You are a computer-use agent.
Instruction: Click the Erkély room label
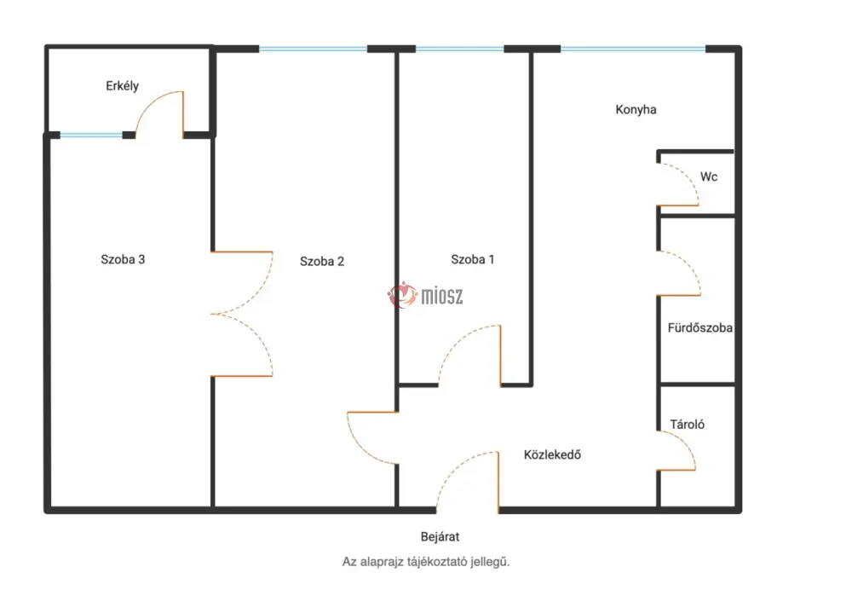coord(122,86)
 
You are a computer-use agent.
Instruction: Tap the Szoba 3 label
coord(123,259)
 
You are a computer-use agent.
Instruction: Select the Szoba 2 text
coord(322,262)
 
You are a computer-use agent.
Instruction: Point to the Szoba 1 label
coord(473,259)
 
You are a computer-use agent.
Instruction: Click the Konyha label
coord(636,109)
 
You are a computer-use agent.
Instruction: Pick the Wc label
coord(709,176)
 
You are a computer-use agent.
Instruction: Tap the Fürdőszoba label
coord(699,328)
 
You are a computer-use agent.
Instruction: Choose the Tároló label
coord(687,424)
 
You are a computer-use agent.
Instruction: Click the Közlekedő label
coord(552,454)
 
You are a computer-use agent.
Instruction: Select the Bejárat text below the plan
coord(440,536)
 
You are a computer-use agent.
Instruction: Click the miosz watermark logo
coord(425,296)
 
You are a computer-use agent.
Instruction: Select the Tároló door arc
coord(687,442)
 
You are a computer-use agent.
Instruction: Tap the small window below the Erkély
coord(91,135)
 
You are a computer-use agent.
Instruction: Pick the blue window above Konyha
coord(633,49)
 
